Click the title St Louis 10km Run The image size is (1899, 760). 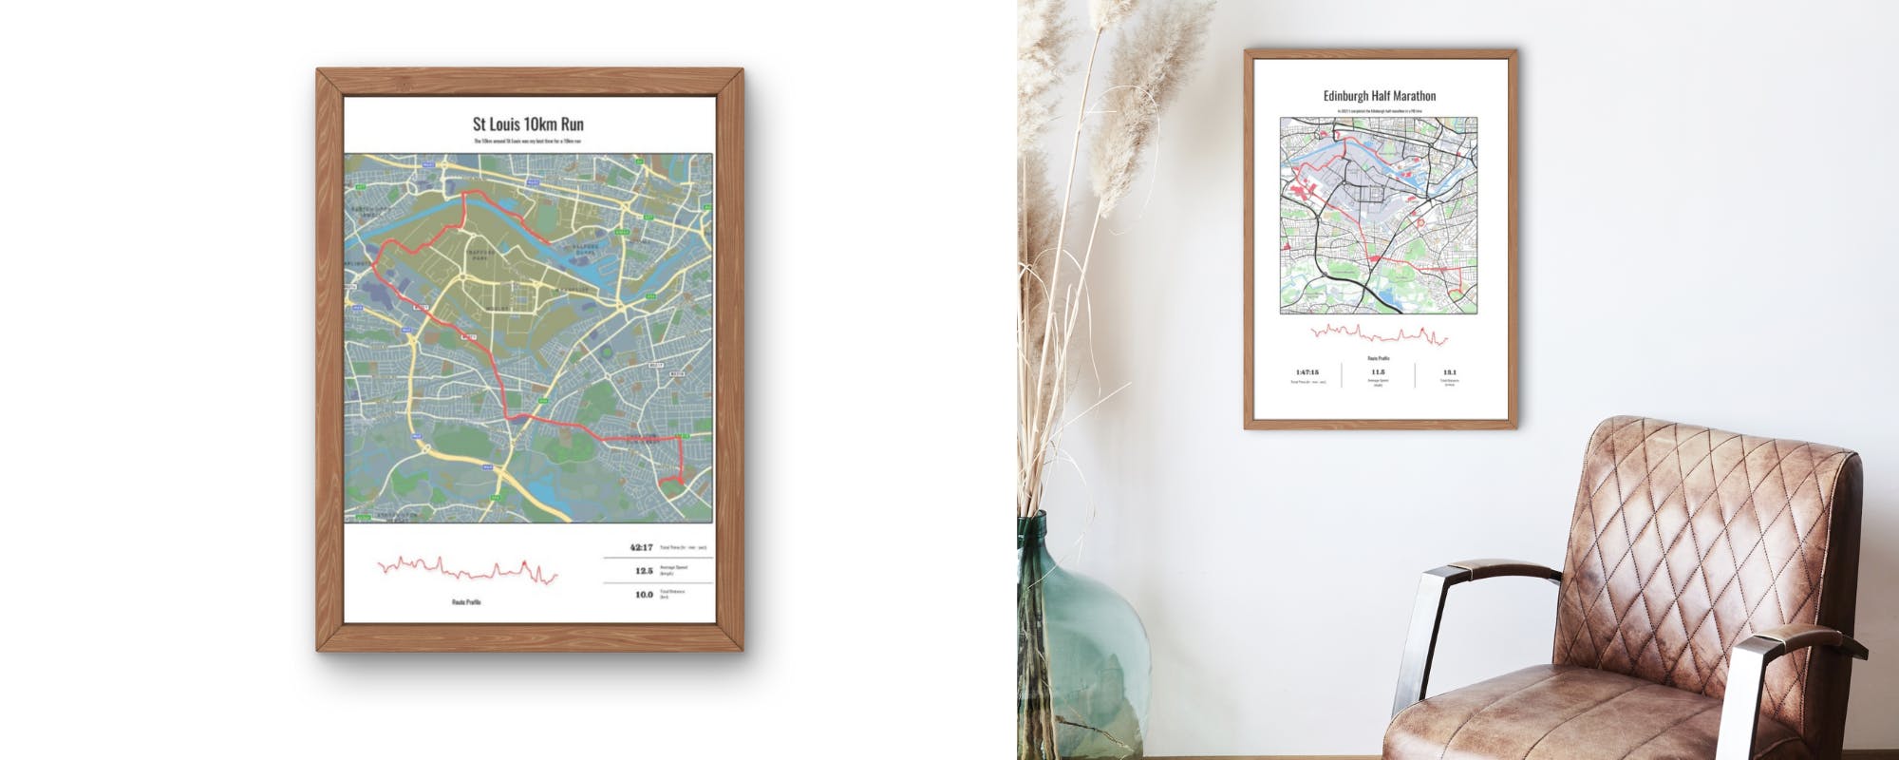tap(528, 124)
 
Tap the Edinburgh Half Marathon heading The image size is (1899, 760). tap(1380, 96)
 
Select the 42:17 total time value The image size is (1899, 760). tap(641, 548)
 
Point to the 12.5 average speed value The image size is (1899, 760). tap(644, 571)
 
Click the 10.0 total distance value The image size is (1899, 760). tap(644, 595)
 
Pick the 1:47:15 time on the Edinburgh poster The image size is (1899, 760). tap(1307, 372)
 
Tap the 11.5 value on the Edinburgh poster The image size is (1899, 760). tap(1378, 372)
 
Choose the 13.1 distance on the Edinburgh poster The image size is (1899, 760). tap(1449, 372)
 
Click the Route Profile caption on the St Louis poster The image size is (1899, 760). tap(466, 602)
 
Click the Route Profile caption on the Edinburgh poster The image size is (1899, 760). tap(1379, 358)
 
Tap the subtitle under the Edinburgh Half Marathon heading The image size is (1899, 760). tap(1379, 111)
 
